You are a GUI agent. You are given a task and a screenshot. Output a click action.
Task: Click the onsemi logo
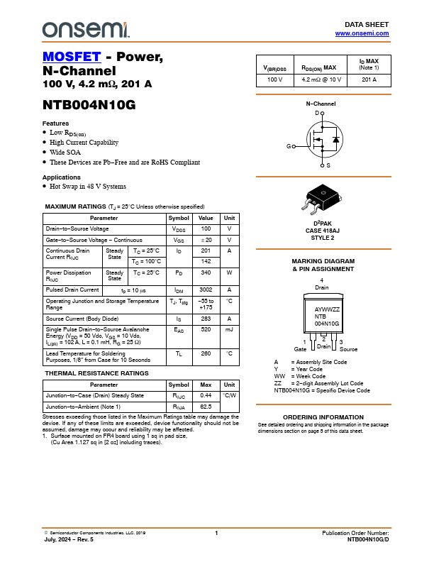coord(86,28)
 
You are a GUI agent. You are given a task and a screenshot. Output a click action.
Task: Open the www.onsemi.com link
coord(362,33)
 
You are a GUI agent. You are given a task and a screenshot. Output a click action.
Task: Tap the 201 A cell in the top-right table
coord(369,79)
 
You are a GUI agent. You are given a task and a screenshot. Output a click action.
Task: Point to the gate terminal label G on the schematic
coord(289,146)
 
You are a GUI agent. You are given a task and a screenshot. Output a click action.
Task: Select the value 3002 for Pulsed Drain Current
coord(206,290)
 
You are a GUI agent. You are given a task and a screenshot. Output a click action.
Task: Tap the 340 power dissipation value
coord(206,272)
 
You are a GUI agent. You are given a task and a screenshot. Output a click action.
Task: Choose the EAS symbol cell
coord(179,330)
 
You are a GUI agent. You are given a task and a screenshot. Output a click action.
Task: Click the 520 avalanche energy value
coord(206,330)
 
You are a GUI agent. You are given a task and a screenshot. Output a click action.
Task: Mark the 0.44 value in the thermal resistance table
coord(206,395)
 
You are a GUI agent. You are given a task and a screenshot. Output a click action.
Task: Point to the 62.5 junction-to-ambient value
coord(206,407)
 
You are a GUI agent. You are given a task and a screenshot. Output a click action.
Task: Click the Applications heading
coord(62,177)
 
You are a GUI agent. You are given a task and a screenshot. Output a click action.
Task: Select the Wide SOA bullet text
coord(65,153)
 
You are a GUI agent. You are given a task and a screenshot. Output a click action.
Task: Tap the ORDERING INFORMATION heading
coord(323,417)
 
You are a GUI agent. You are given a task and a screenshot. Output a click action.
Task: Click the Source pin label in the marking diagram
coord(348,350)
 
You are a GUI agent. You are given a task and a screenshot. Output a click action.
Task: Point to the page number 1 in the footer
coord(216,533)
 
